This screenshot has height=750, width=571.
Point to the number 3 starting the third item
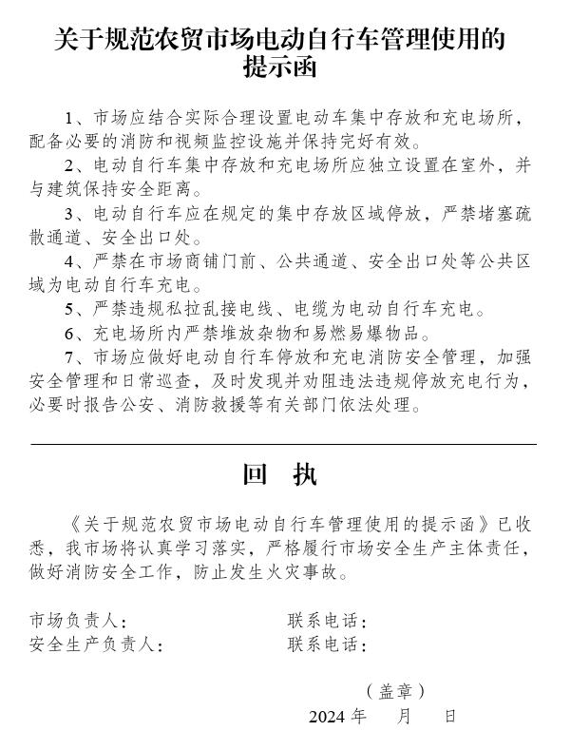point(69,212)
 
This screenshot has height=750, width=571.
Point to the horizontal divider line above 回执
point(283,444)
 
